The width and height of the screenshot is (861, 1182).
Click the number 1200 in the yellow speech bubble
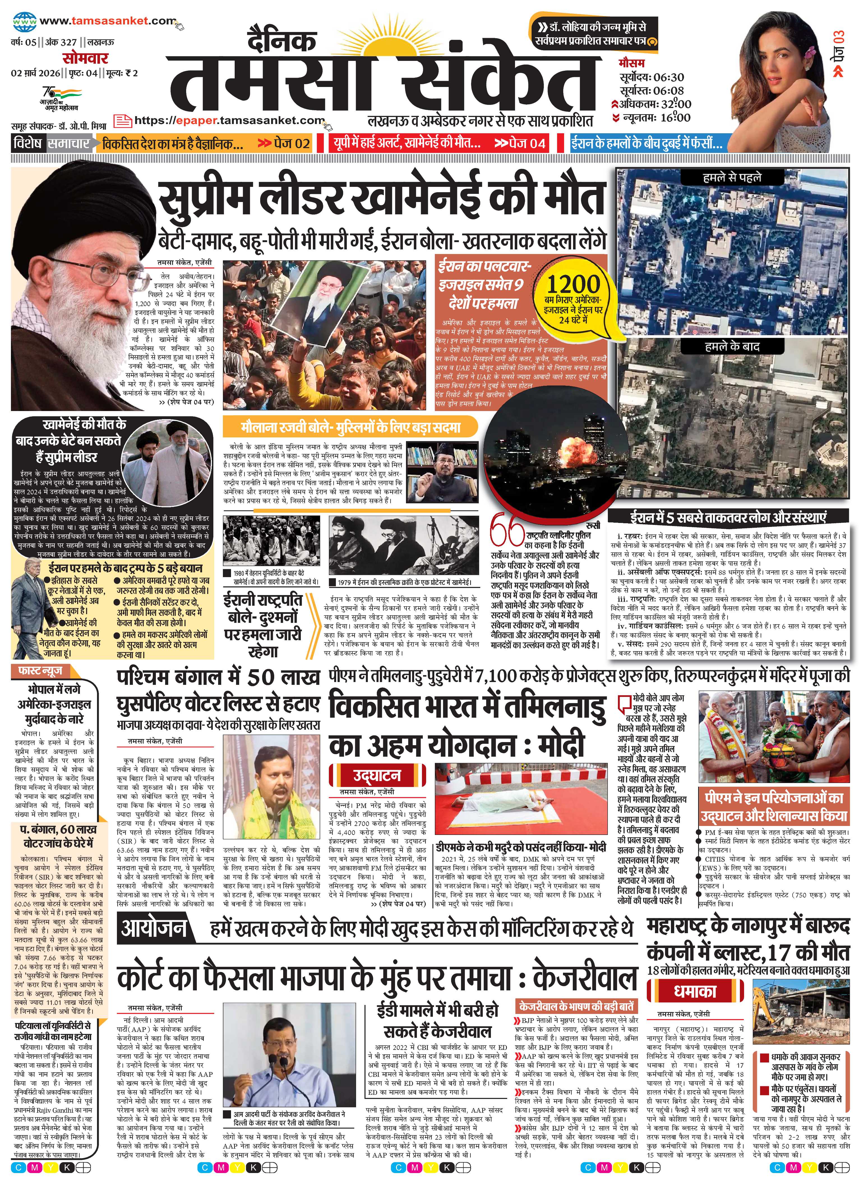tap(573, 285)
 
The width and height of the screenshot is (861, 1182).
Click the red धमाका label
tap(695, 991)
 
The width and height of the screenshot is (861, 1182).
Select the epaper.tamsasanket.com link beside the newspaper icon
tap(229, 120)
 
